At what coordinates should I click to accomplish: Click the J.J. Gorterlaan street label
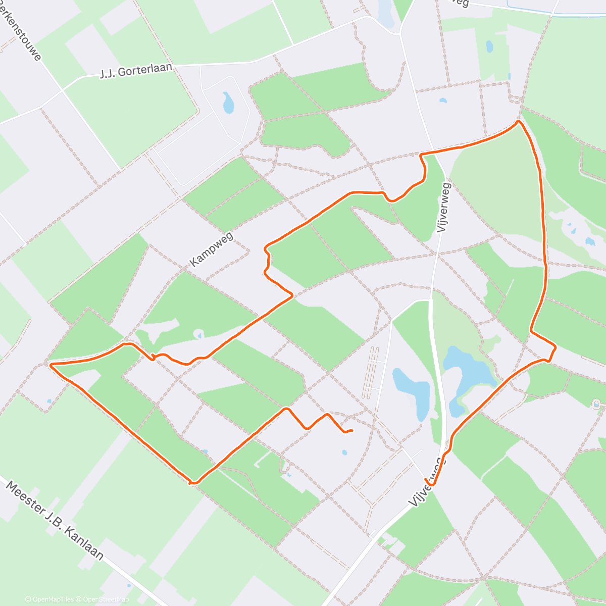136,72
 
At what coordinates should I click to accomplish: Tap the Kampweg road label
212,251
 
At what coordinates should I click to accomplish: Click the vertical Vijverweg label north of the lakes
445,208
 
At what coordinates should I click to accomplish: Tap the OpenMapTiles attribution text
49,599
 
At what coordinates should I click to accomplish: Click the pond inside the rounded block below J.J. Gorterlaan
229,103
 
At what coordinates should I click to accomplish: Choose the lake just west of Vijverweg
413,391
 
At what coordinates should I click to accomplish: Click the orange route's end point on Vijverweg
433,484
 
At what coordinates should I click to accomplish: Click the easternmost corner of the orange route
555,347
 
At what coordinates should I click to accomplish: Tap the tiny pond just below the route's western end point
344,452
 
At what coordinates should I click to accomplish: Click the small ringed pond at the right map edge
596,405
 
